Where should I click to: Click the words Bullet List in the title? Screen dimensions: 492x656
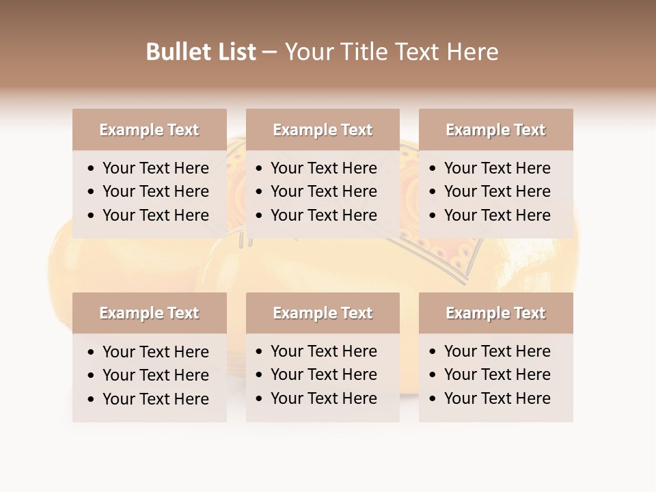201,52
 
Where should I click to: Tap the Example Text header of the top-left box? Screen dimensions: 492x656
149,130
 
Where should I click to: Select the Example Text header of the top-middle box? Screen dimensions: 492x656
323,130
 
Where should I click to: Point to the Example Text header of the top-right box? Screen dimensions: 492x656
495,130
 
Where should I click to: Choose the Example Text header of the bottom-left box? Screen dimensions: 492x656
149,313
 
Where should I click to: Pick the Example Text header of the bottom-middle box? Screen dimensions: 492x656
323,313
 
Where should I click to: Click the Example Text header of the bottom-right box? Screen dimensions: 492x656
495,313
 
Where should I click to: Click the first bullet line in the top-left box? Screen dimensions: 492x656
155,168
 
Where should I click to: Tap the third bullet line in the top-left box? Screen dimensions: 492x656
155,215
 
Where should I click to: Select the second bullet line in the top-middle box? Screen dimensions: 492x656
323,191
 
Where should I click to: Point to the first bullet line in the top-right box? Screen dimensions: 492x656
497,168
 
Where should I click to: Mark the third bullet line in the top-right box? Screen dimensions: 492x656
497,215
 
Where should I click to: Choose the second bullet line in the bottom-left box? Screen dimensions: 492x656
155,375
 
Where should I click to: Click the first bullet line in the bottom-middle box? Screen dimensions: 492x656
323,351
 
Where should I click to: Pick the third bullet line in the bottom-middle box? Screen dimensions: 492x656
323,398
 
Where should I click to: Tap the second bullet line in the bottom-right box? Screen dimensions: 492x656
497,374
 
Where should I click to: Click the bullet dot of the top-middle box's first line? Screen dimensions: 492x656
260,169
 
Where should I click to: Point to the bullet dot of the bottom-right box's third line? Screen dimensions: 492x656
433,399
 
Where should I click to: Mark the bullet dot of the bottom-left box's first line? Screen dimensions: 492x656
92,353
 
